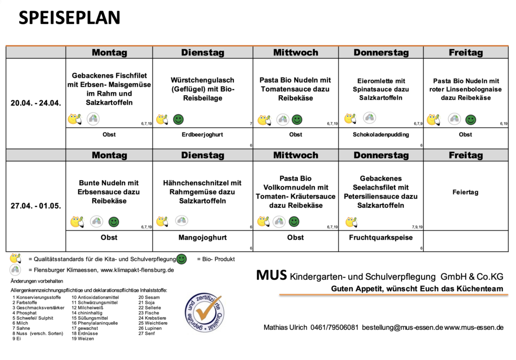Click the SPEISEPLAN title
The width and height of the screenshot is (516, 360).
(x=70, y=18)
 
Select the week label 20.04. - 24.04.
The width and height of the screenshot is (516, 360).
(x=36, y=103)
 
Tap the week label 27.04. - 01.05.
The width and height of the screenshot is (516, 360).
(x=36, y=206)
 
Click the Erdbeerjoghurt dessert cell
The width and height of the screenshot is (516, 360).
(x=203, y=135)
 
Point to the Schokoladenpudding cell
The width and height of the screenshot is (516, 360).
(x=380, y=135)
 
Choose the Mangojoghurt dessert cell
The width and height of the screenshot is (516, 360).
(x=203, y=237)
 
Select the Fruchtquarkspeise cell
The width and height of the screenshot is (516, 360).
(x=380, y=237)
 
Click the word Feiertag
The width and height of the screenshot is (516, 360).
(x=465, y=192)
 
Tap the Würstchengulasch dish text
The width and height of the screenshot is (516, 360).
(x=203, y=89)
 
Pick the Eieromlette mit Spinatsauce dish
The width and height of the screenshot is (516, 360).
(x=380, y=89)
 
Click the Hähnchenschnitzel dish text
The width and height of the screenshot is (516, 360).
(x=203, y=192)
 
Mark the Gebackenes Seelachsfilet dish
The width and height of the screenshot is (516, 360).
(x=380, y=192)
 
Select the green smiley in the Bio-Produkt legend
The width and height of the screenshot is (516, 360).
(x=181, y=259)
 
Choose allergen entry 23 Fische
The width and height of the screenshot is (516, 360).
(x=148, y=313)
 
